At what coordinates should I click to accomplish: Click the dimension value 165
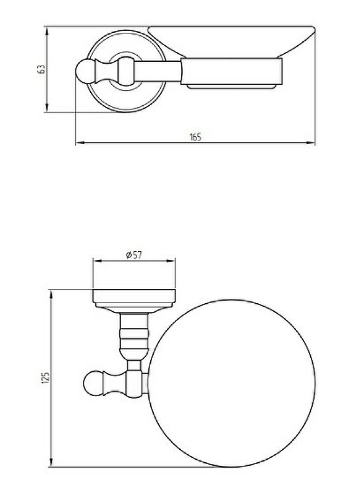click(x=195, y=137)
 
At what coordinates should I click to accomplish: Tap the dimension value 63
click(x=41, y=69)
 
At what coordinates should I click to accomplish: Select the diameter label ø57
click(x=134, y=254)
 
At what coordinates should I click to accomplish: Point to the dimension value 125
click(x=46, y=377)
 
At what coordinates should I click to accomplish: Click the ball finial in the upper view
click(x=84, y=71)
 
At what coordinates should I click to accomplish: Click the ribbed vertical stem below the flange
click(x=134, y=336)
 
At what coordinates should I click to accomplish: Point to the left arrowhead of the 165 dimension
click(x=80, y=143)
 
